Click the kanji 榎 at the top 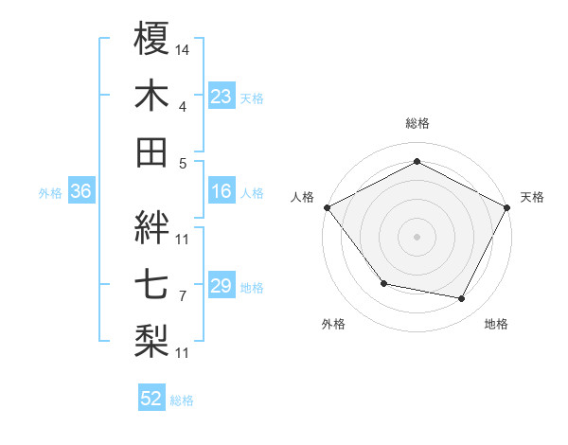(x=152, y=39)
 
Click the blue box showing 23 (x=221, y=97)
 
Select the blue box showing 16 (x=221, y=192)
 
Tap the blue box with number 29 (x=221, y=287)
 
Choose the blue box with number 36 (x=80, y=192)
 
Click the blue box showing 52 (x=151, y=400)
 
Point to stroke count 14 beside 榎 (x=183, y=48)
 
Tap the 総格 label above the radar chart (x=417, y=123)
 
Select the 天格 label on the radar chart (x=532, y=197)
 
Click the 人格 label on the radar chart (x=303, y=197)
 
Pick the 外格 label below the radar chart (x=333, y=325)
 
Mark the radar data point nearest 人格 (x=327, y=206)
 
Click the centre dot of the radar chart (x=417, y=236)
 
